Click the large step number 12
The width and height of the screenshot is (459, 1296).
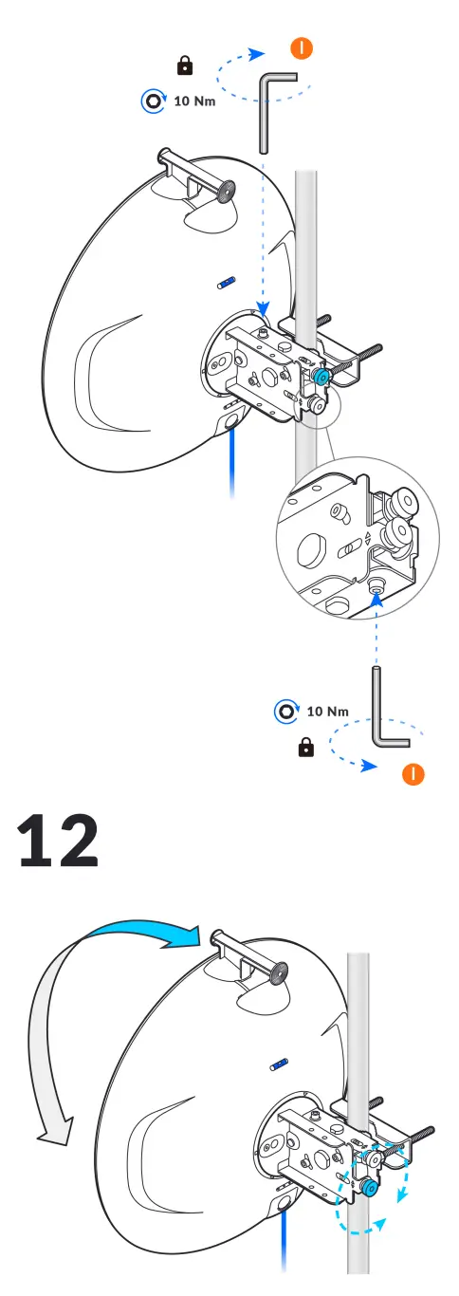coord(59,841)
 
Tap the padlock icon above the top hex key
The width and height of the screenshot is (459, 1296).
coord(185,65)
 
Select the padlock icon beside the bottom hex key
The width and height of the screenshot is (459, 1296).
coord(306,749)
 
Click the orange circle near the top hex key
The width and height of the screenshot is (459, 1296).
coord(301,47)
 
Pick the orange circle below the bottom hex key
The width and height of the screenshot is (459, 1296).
coord(413,773)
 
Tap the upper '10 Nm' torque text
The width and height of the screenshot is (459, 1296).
coord(194,100)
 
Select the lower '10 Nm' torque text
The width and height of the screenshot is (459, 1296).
coord(327,711)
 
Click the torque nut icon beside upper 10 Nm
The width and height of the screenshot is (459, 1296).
coord(151,100)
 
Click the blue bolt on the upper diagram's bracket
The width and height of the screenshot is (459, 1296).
coord(323,377)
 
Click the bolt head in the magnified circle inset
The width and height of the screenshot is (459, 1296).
coord(376,590)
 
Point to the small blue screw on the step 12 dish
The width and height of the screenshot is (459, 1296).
coord(278,1065)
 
